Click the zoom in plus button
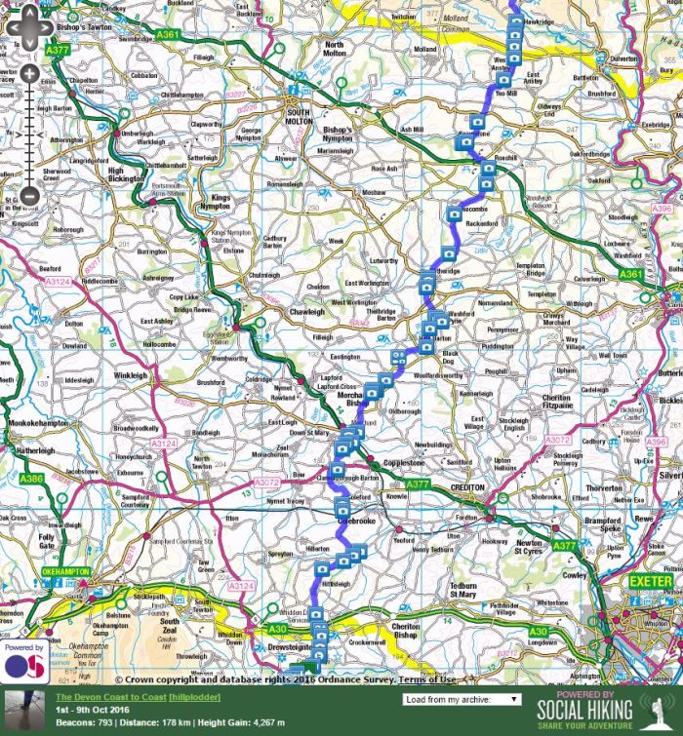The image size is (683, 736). point(29,73)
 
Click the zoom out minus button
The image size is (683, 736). point(29,195)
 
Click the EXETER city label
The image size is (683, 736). point(650,582)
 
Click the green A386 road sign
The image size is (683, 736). point(31,478)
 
